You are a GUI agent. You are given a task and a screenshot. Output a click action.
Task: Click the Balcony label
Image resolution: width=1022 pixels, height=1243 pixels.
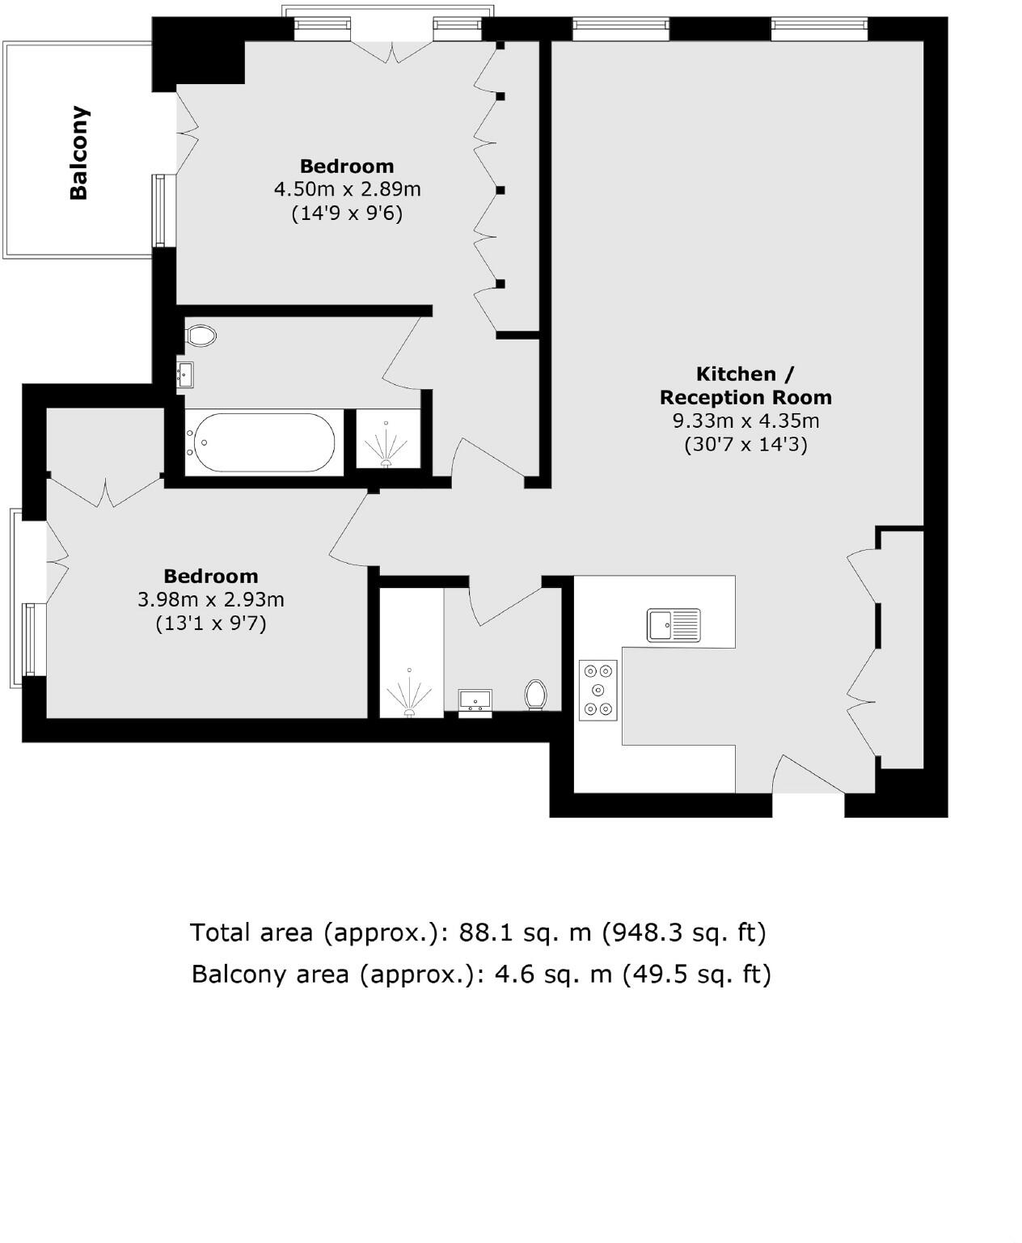click(78, 153)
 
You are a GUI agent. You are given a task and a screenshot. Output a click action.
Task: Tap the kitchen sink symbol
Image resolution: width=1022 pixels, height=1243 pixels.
click(674, 625)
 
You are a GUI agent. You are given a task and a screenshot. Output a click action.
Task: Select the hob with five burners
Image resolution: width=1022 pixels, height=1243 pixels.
click(598, 690)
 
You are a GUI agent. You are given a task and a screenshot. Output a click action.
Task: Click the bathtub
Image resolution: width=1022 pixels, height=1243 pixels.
click(260, 442)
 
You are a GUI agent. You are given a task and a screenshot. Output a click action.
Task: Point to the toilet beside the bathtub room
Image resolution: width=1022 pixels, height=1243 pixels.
click(201, 335)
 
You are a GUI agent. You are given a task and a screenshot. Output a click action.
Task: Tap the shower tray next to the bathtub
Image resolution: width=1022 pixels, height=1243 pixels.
click(388, 439)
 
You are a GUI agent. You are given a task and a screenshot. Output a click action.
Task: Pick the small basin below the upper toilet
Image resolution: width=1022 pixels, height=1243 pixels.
click(185, 375)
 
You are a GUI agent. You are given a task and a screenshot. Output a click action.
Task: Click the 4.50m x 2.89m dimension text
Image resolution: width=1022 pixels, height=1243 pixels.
click(347, 189)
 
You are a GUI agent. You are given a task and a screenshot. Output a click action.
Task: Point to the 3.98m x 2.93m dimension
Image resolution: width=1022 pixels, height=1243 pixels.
click(211, 600)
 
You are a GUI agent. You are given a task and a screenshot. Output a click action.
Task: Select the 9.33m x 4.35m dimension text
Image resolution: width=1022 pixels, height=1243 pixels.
click(745, 421)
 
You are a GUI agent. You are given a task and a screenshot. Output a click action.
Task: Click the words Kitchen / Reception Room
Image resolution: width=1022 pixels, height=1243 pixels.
click(745, 386)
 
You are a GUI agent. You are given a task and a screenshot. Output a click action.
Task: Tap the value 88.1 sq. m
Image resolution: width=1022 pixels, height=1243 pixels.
click(526, 932)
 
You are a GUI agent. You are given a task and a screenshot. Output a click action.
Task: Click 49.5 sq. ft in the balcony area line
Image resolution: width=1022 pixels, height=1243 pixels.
click(696, 974)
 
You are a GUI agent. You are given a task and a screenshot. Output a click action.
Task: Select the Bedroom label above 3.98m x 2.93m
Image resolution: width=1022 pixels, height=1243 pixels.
click(211, 576)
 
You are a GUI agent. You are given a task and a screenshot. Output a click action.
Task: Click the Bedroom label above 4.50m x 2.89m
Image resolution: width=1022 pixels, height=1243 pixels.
click(347, 166)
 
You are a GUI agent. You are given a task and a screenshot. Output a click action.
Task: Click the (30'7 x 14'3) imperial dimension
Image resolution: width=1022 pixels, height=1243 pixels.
click(745, 444)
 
